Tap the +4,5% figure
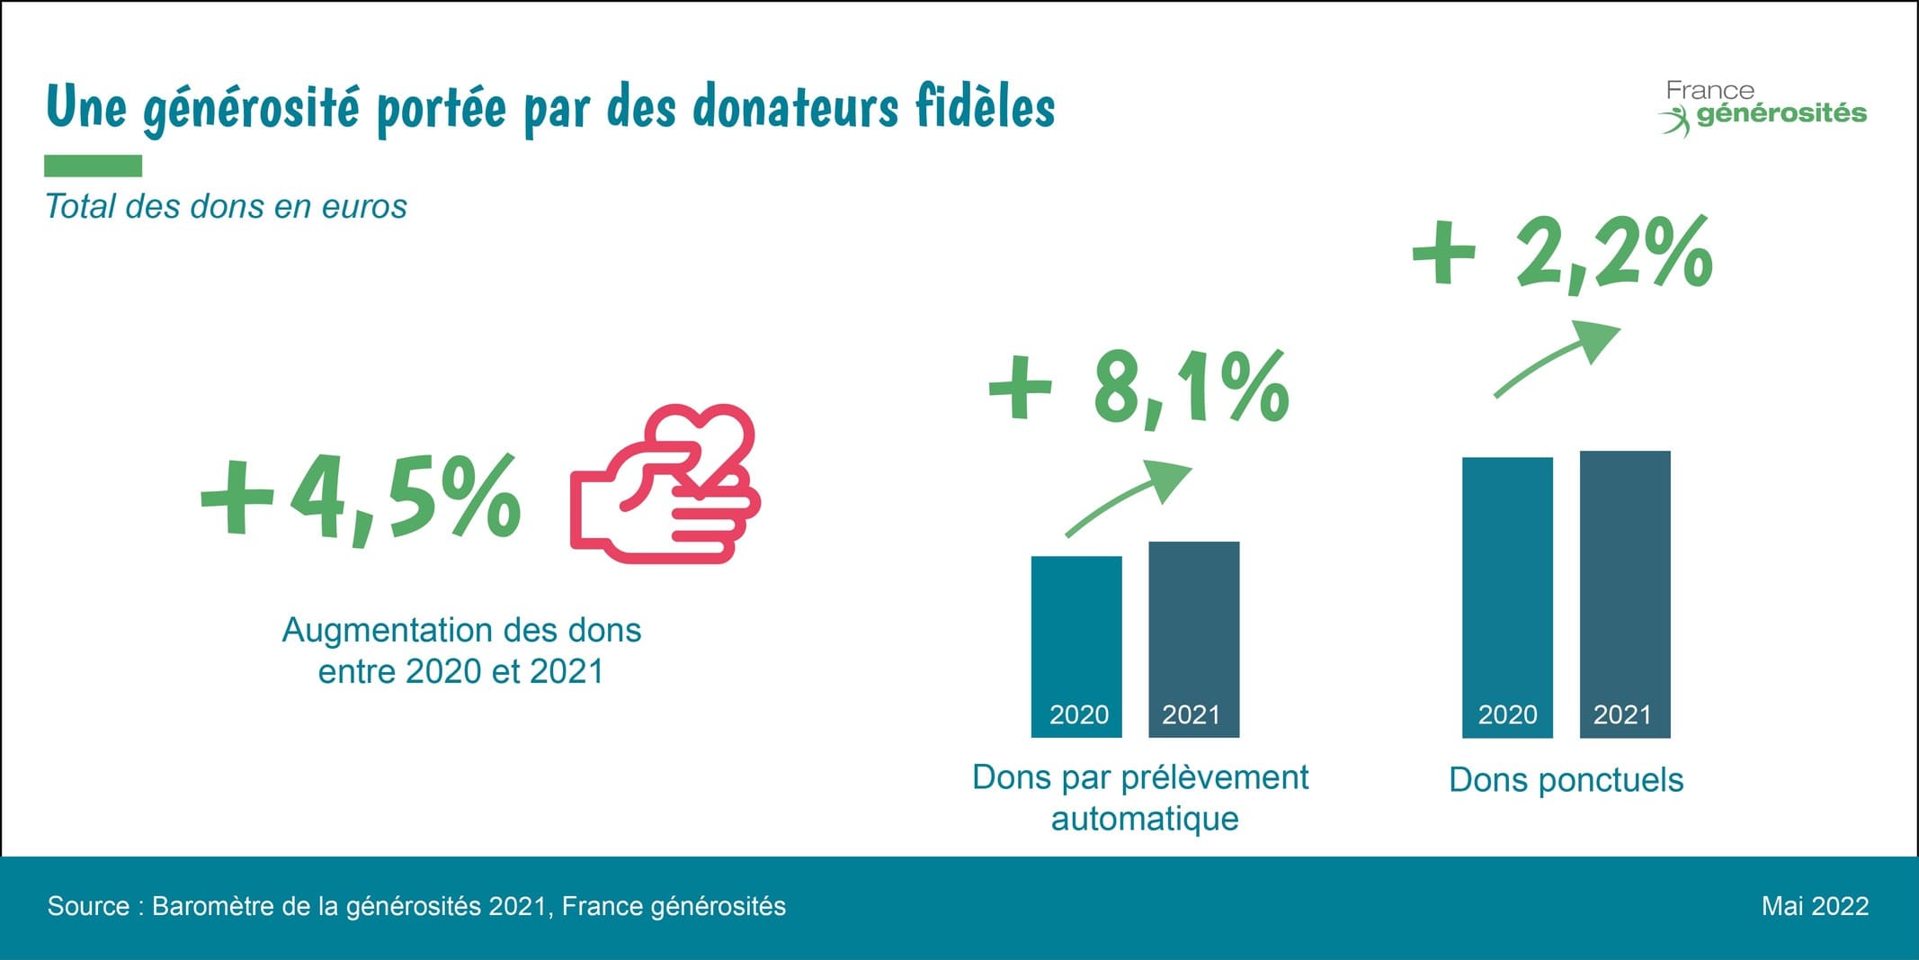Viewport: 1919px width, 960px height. pyautogui.click(x=361, y=498)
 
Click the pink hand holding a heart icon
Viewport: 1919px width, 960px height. pyautogui.click(x=665, y=486)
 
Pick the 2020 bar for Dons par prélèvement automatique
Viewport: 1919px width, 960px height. pyautogui.click(x=1076, y=646)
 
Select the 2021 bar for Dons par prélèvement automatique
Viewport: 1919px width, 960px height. pyautogui.click(x=1194, y=639)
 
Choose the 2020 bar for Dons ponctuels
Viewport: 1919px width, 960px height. pyautogui.click(x=1507, y=597)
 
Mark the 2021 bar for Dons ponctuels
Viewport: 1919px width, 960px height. pyautogui.click(x=1625, y=594)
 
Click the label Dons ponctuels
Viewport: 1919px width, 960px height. pyautogui.click(x=1566, y=780)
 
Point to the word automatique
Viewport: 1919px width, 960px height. pyautogui.click(x=1145, y=819)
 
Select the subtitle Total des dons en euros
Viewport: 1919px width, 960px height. pyautogui.click(x=226, y=207)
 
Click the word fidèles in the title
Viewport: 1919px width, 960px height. pyautogui.click(x=985, y=108)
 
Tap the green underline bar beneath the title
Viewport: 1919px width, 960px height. pyautogui.click(x=94, y=166)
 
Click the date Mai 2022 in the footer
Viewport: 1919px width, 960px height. pyautogui.click(x=1815, y=906)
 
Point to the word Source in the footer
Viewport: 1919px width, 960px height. pyautogui.click(x=88, y=906)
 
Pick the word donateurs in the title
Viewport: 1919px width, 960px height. pyautogui.click(x=795, y=108)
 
